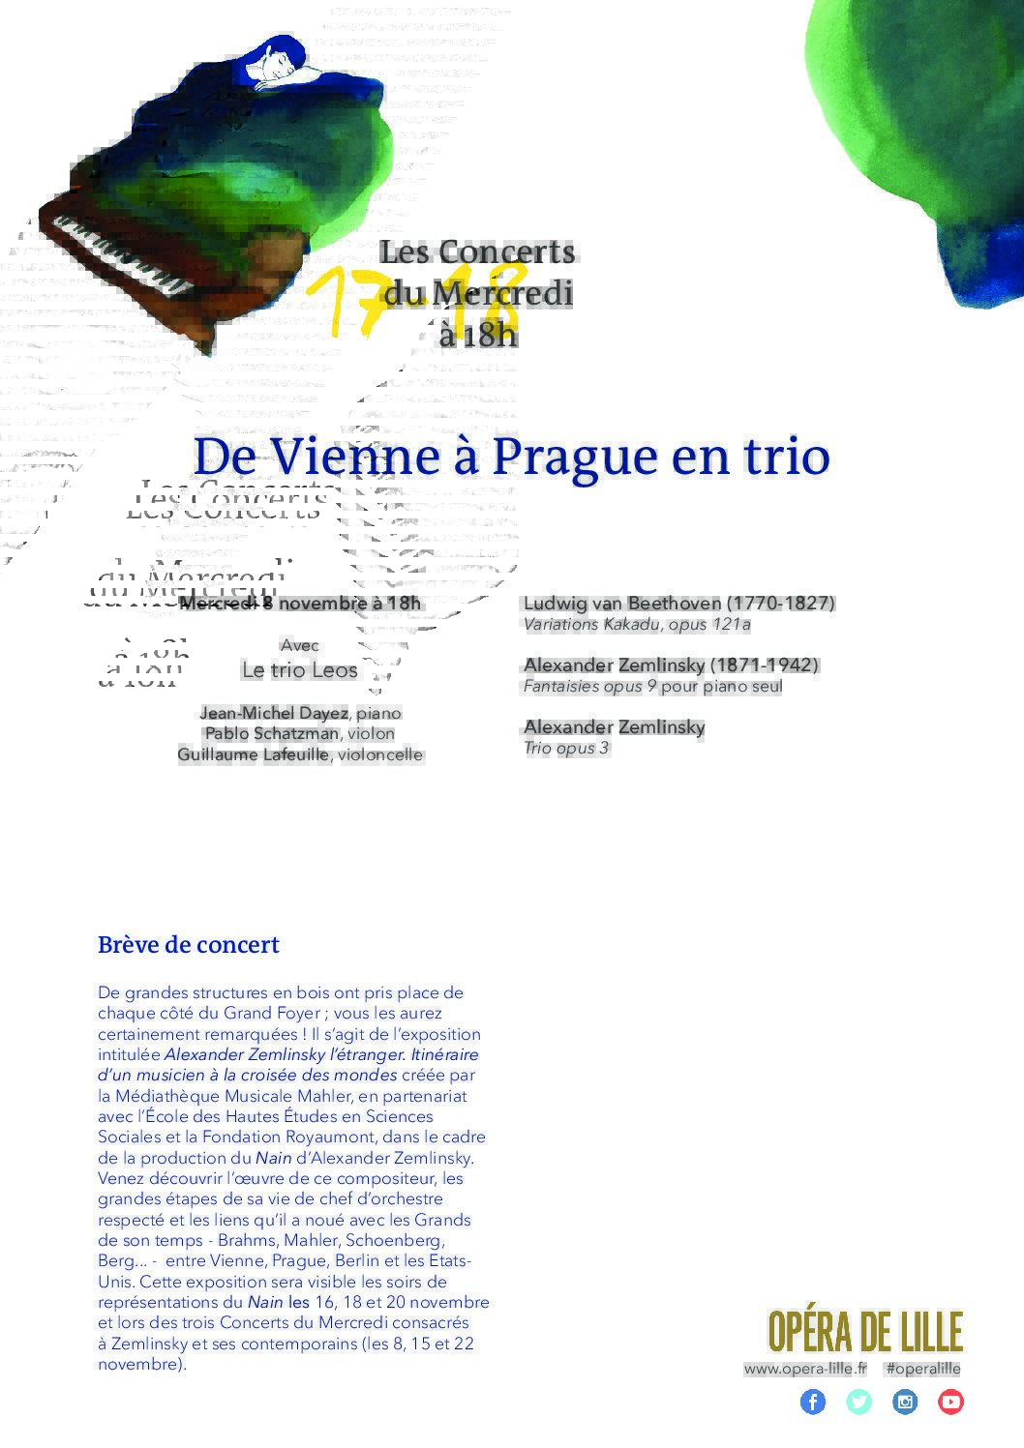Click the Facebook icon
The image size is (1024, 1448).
click(813, 1402)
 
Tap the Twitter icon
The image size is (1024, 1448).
click(858, 1402)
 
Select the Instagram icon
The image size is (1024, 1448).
click(905, 1402)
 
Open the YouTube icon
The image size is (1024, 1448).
click(950, 1402)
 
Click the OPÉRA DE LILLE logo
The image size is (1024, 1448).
click(865, 1332)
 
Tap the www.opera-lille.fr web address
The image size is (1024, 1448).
click(805, 1369)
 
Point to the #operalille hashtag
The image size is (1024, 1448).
click(923, 1369)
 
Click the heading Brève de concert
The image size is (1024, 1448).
click(189, 945)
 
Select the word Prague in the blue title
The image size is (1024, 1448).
click(563, 457)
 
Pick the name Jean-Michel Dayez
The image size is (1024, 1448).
click(273, 713)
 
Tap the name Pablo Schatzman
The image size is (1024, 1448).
click(271, 733)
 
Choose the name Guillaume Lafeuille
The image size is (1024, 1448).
click(253, 754)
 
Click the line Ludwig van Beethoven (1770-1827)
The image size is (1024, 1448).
click(678, 603)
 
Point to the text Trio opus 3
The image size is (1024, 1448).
click(566, 748)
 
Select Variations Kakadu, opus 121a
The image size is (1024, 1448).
click(637, 624)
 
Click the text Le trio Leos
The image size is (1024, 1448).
click(300, 670)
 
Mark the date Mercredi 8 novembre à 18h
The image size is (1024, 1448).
click(301, 604)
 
